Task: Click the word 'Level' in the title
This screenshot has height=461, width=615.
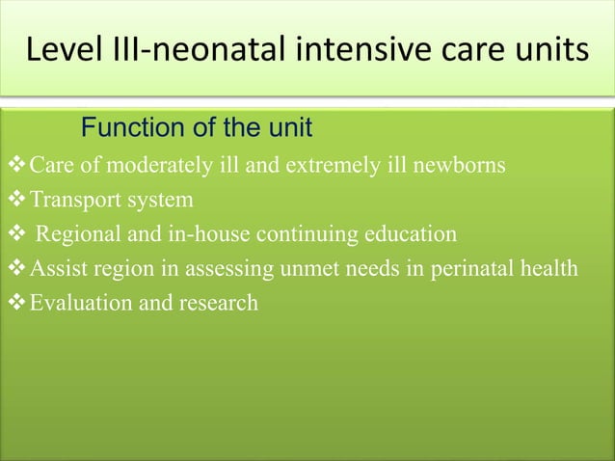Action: tap(60, 49)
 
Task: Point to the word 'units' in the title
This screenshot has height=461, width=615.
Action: tap(549, 49)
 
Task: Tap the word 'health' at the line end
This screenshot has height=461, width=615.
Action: tap(549, 268)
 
